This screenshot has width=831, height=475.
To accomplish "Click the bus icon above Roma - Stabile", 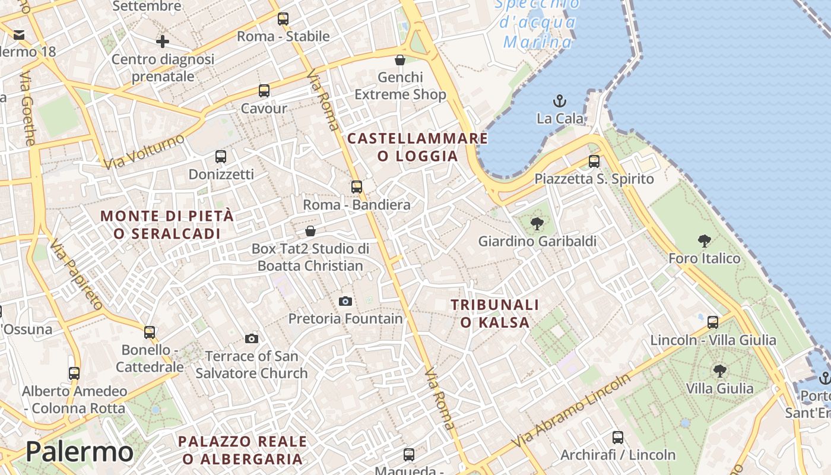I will pyautogui.click(x=283, y=19).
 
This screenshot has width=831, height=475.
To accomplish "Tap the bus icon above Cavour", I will pyautogui.click(x=264, y=91).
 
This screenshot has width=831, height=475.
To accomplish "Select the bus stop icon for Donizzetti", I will pyautogui.click(x=221, y=157).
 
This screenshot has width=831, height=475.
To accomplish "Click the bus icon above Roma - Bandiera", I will pyautogui.click(x=357, y=187).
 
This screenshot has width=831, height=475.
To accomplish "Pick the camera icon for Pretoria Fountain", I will pyautogui.click(x=345, y=301).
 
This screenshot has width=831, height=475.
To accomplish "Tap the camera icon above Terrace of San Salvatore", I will pyautogui.click(x=252, y=338).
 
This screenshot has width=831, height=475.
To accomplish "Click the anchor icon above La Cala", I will pyautogui.click(x=559, y=100).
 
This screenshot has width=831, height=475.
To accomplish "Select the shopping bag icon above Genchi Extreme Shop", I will pyautogui.click(x=400, y=60).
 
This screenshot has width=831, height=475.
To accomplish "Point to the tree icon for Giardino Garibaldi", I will pyautogui.click(x=537, y=224).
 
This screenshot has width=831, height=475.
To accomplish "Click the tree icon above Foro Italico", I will pyautogui.click(x=705, y=240).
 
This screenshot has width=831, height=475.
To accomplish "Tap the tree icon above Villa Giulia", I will pyautogui.click(x=719, y=371).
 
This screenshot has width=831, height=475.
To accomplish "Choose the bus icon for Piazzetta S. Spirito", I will pyautogui.click(x=594, y=161).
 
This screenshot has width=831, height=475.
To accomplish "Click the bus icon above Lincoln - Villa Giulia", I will pyautogui.click(x=713, y=322).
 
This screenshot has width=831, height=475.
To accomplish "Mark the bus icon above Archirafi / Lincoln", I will pyautogui.click(x=618, y=438).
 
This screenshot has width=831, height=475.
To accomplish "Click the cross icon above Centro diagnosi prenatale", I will pyautogui.click(x=163, y=42).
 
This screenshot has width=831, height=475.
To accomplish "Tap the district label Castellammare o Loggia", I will pyautogui.click(x=418, y=147).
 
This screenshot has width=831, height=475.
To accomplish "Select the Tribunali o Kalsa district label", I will pyautogui.click(x=495, y=313).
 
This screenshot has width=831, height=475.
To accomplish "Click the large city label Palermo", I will pyautogui.click(x=80, y=452).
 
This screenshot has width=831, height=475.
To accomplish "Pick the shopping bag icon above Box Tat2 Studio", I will pyautogui.click(x=310, y=231).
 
